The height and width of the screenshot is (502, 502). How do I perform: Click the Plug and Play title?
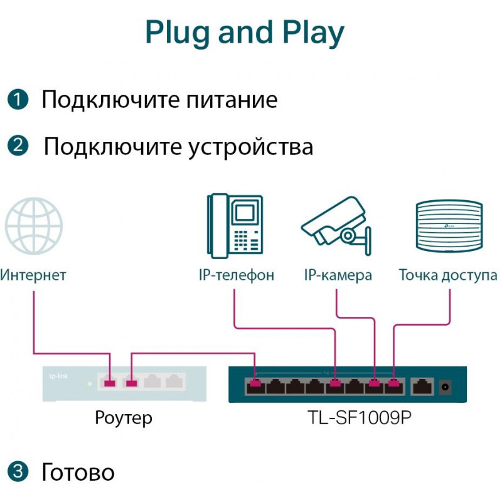tap(245, 33)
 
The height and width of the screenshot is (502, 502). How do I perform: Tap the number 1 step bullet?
tap(18, 99)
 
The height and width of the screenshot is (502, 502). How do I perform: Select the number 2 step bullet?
tap(18, 146)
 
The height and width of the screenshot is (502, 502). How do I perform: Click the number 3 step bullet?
tap(18, 471)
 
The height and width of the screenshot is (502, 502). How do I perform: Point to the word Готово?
tap(78, 472)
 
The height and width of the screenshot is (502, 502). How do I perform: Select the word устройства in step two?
tap(251, 147)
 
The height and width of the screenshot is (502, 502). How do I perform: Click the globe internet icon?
tap(34, 226)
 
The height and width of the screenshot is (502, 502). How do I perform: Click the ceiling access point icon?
tap(449, 226)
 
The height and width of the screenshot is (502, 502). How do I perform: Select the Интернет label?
tap(33, 275)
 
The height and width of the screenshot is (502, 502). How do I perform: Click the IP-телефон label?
tap(236, 275)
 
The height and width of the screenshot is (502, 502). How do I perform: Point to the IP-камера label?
tap(338, 275)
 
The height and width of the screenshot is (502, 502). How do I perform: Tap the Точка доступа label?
tap(448, 275)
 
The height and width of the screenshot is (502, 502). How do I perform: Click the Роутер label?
tap(123, 417)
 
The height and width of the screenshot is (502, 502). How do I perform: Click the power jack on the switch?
tap(447, 387)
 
